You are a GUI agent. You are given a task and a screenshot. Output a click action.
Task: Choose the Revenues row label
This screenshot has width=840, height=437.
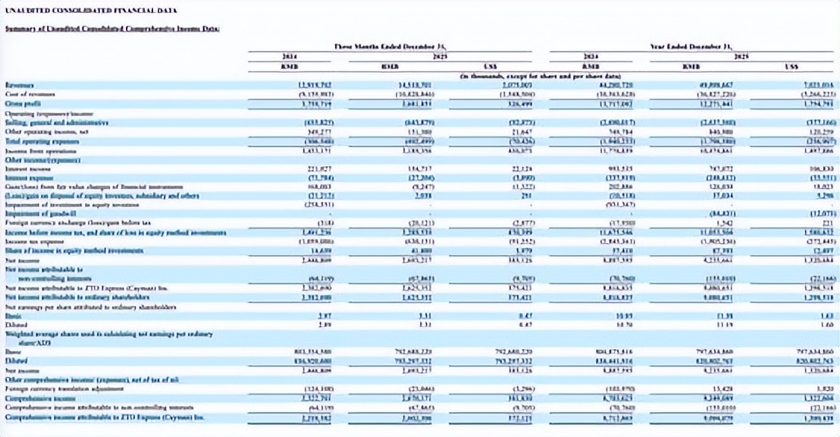(x=20, y=85)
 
